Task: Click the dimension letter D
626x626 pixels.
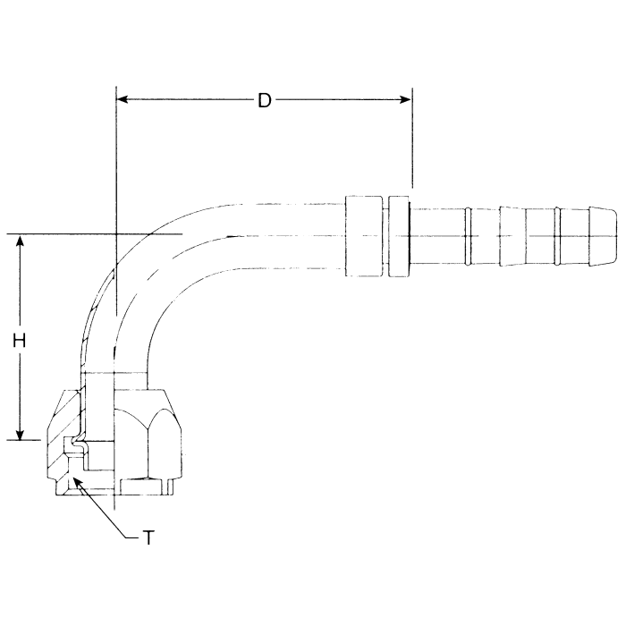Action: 264,100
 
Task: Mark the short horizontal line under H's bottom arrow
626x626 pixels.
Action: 25,440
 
